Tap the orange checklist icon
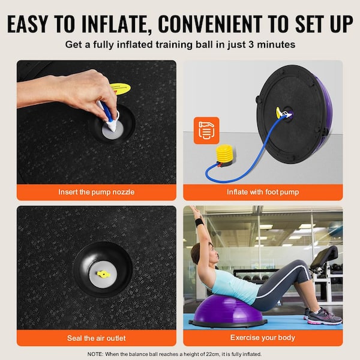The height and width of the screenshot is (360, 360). (206, 130)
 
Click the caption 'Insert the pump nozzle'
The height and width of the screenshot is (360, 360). (96, 193)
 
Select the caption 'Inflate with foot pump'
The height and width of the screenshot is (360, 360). (263, 193)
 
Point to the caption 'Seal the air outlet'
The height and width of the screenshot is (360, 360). (96, 338)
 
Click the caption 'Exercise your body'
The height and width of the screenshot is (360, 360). (263, 338)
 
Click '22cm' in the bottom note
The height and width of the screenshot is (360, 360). (242, 354)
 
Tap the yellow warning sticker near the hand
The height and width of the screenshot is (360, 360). (120, 89)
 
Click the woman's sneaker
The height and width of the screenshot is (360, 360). (323, 316)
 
